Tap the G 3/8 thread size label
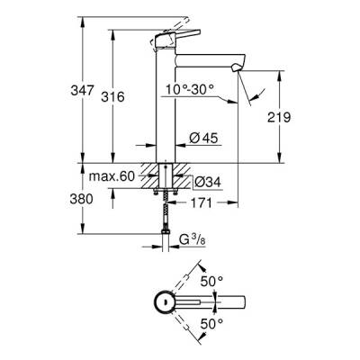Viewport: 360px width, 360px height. click(191, 241)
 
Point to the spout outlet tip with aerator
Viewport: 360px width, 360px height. click(238, 68)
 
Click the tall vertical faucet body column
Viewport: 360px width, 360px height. click(165, 108)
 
